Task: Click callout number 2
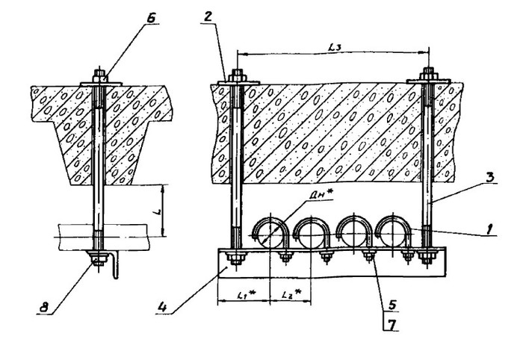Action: click(208, 16)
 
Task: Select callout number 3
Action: click(489, 177)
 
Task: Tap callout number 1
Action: click(489, 230)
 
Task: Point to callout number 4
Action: click(162, 307)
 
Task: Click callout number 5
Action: click(392, 304)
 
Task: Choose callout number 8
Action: click(44, 308)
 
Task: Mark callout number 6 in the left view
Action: click(151, 19)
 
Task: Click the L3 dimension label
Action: click(334, 48)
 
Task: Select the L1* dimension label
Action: click(247, 294)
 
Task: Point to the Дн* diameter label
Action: click(318, 196)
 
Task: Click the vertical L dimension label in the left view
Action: click(158, 211)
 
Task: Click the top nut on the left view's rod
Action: click(99, 76)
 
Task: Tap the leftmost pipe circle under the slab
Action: click(270, 233)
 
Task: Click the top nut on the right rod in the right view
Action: click(428, 74)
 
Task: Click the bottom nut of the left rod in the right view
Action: click(236, 258)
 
